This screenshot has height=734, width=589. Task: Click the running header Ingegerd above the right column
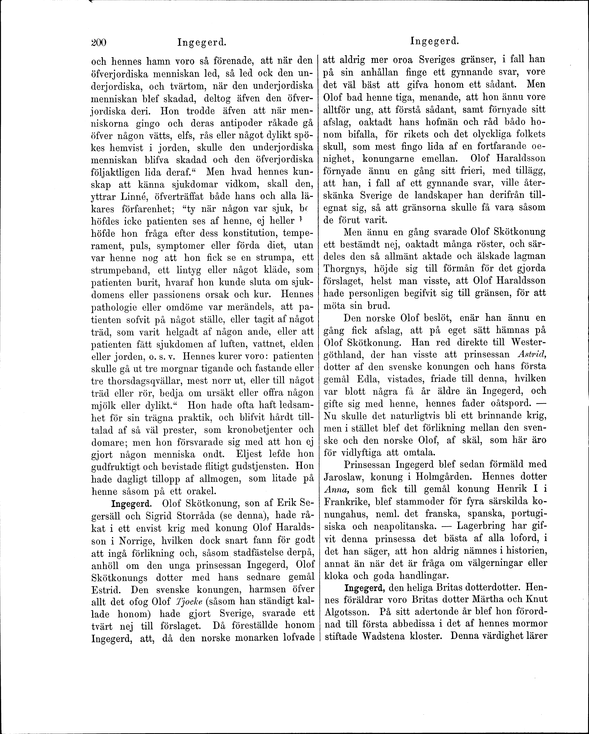point(435,42)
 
